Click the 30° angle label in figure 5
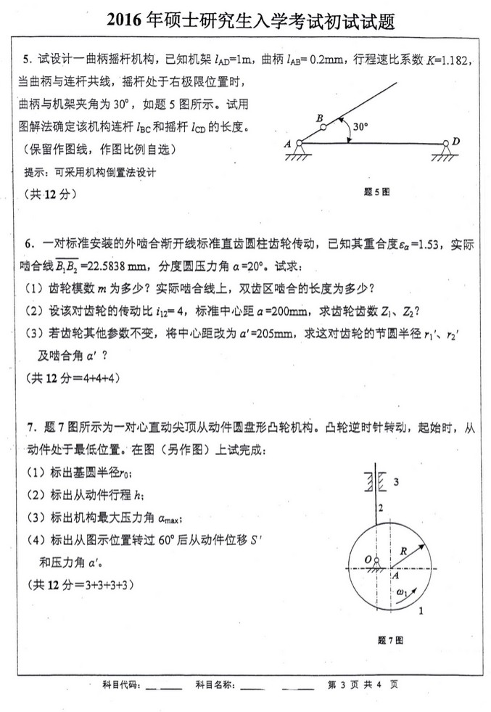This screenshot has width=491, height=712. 360,126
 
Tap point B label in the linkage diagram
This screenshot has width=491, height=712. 319,117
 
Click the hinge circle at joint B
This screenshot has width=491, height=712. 323,127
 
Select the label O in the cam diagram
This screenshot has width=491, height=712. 368,560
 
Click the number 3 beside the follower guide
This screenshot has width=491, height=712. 395,481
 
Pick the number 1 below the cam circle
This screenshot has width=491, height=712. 421,611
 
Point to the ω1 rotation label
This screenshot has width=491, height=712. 403,593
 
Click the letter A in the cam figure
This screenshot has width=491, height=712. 395,575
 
